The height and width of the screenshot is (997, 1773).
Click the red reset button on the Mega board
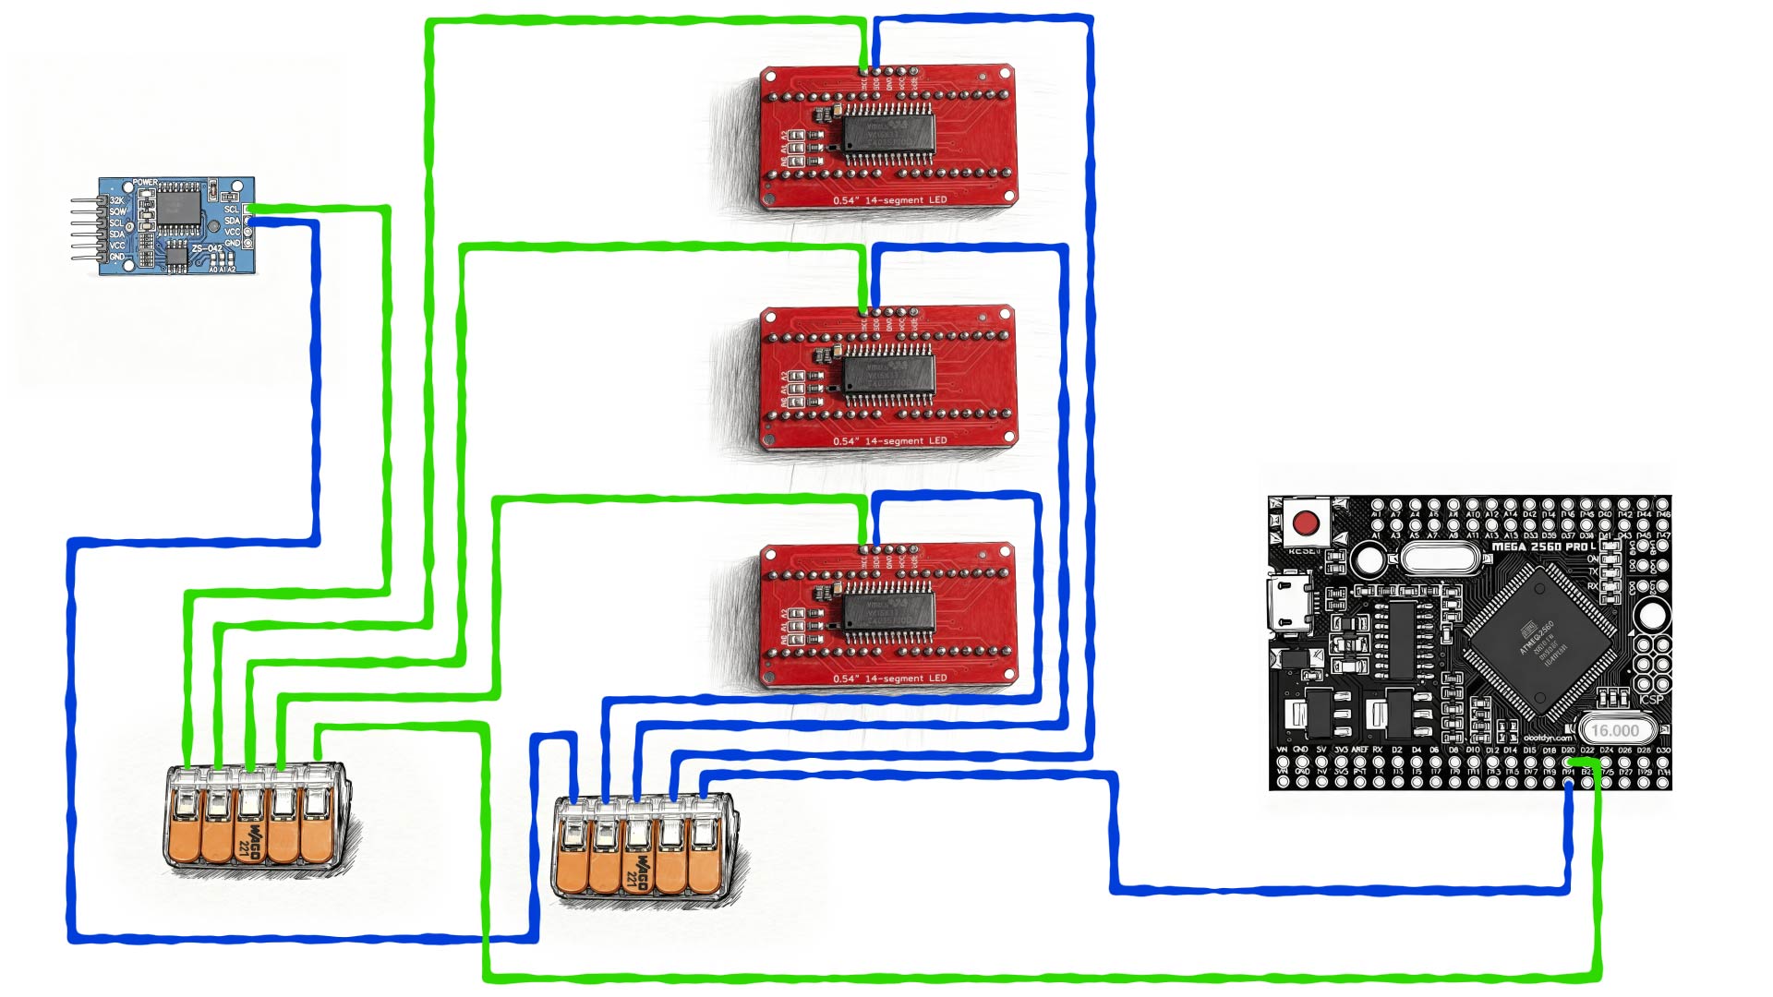coord(1306,523)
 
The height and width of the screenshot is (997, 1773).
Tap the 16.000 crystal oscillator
coord(1614,730)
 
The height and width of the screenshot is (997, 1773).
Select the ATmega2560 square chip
coord(1540,643)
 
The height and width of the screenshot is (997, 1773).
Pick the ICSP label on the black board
coord(1651,699)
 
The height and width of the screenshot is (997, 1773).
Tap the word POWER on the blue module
coord(146,183)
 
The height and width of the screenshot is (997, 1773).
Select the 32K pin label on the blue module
coord(117,200)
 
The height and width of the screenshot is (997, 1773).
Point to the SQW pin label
coord(117,211)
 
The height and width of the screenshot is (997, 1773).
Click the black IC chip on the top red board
coord(888,133)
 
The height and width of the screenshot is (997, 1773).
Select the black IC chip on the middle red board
coord(888,374)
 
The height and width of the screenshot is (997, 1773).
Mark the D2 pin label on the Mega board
coord(1397,750)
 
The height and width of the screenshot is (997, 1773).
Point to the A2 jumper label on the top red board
coord(786,135)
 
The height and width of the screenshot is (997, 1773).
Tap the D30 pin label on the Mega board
coord(1663,750)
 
